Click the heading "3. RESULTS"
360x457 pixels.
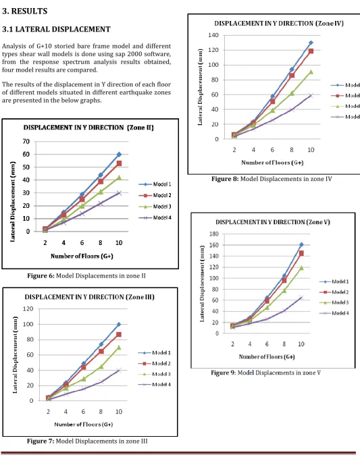[25, 11]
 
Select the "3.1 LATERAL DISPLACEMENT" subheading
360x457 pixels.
[56, 29]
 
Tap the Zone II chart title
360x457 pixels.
[88, 128]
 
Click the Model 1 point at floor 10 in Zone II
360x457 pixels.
[119, 154]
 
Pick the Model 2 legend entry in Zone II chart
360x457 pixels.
[155, 195]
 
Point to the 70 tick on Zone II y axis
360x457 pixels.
[26, 141]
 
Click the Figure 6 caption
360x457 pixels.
[86, 275]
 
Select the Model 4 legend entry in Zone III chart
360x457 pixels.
[154, 384]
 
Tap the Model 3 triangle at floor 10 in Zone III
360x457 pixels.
[119, 347]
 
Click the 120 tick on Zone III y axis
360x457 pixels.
[28, 308]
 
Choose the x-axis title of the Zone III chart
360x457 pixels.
[84, 425]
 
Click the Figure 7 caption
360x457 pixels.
[87, 441]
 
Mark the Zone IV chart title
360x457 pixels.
[279, 24]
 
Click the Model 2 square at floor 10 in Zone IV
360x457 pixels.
[311, 51]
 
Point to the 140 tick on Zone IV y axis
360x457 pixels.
[213, 35]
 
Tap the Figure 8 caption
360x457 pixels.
[272, 179]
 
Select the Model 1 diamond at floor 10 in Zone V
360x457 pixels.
[301, 244]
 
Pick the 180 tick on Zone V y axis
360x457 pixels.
[214, 234]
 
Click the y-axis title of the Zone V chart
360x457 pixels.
[202, 284]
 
